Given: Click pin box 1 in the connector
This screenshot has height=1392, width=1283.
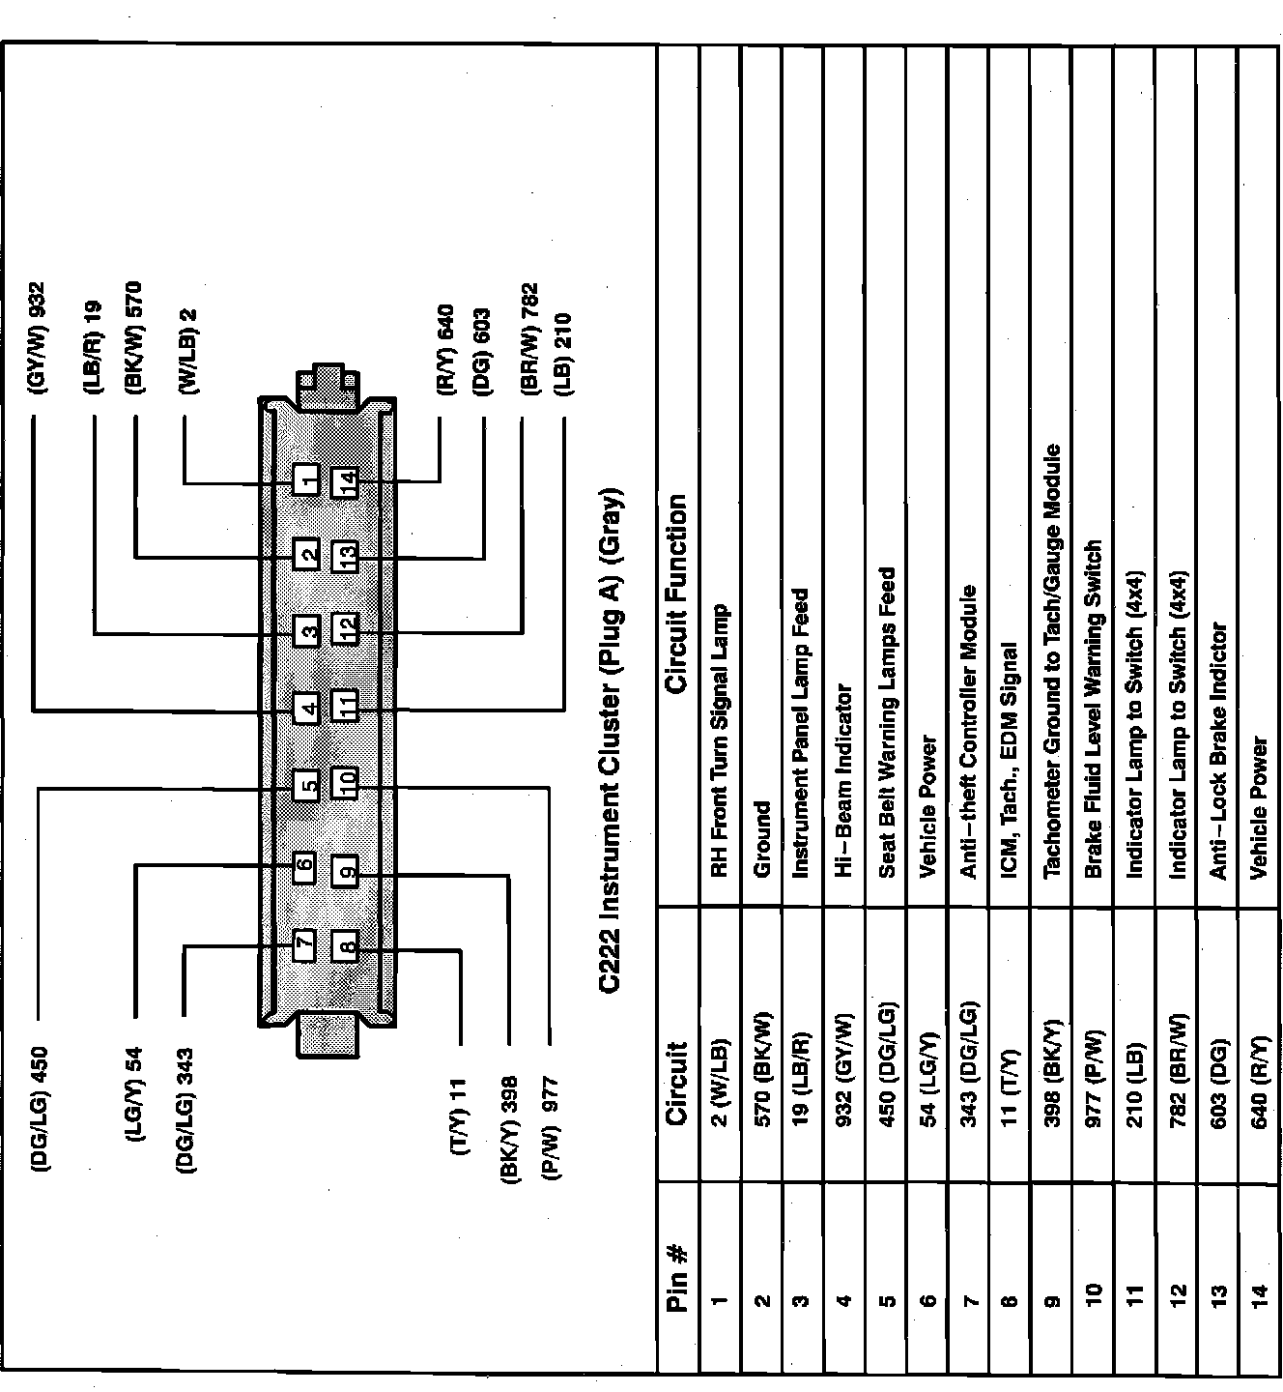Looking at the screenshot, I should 307,479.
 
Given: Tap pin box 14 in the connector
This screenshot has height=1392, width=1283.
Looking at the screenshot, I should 345,480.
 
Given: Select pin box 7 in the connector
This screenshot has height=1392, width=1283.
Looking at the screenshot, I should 304,944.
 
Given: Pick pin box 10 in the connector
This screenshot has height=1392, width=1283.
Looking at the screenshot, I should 345,781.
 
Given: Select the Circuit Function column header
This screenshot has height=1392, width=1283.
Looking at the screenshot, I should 677,594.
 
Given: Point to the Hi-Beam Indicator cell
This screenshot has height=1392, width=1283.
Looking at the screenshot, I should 843,781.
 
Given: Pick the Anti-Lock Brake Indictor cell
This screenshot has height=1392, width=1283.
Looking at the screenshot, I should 1218,751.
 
